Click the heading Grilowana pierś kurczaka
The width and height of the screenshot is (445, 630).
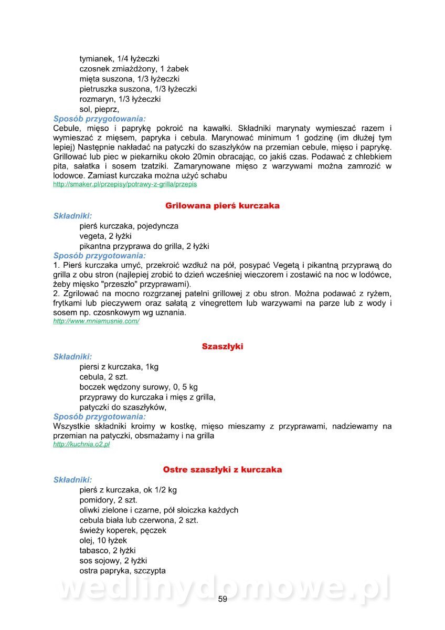pos(222,206)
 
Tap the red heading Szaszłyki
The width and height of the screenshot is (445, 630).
pos(222,346)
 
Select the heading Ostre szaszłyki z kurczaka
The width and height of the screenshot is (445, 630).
pos(222,469)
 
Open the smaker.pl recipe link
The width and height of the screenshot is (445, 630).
pos(125,185)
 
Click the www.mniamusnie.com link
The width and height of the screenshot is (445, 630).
pos(96,321)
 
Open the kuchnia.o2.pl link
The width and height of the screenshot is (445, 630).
pos(81,444)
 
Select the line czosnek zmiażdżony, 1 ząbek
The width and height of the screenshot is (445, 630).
pos(134,69)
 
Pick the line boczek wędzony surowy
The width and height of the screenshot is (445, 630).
pos(139,387)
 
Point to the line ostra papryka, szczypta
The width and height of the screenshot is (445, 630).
pos(122,571)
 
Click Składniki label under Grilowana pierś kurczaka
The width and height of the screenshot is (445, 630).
pos(72,216)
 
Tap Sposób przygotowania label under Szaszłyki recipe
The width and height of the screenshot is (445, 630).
pos(100,417)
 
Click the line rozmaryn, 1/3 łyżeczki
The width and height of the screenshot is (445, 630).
pos(120,99)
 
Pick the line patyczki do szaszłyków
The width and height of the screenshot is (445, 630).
pos(123,407)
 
